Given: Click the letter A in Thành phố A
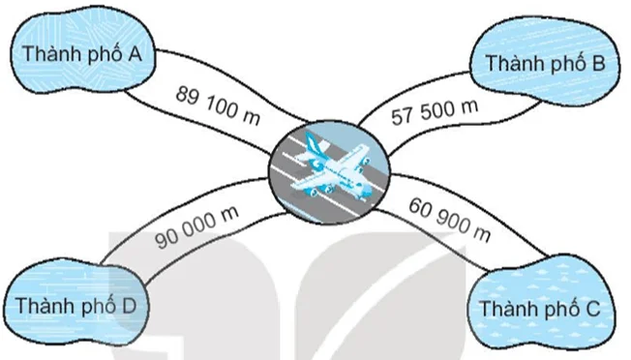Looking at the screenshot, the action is click(x=134, y=54).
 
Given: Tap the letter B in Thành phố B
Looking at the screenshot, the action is click(x=598, y=63).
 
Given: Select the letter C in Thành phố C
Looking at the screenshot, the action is click(x=592, y=309).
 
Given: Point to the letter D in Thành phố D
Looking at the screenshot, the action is click(x=129, y=306).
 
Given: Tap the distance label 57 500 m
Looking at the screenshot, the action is click(x=435, y=112).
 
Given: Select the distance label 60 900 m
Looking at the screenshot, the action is click(x=449, y=220).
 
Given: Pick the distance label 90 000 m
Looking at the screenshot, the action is click(x=197, y=227).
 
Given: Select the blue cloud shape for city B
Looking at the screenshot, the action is click(x=544, y=61).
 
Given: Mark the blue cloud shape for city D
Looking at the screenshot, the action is click(x=75, y=304).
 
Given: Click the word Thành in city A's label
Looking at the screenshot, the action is click(x=50, y=54).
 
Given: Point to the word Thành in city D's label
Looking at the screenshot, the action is click(x=44, y=306).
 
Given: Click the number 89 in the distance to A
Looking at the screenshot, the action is click(x=188, y=97).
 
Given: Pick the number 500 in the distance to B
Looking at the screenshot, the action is click(x=436, y=112).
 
